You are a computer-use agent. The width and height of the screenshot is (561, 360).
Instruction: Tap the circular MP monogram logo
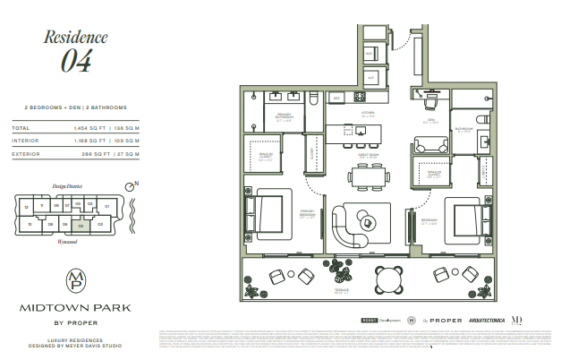click(x=76, y=279)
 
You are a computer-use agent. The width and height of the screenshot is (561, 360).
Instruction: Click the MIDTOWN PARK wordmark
click(x=76, y=307)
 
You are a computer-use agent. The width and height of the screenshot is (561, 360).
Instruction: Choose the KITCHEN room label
click(x=368, y=113)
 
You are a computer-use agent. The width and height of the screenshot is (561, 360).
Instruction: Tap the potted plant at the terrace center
click(x=342, y=268)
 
